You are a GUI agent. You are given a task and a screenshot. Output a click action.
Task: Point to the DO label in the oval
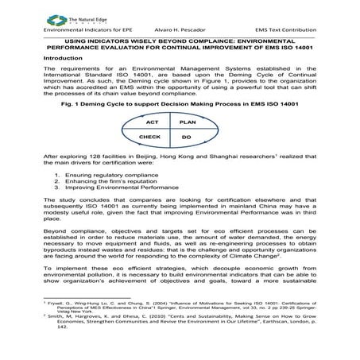[187, 137]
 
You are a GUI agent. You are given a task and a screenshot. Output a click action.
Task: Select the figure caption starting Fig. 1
[179, 104]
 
